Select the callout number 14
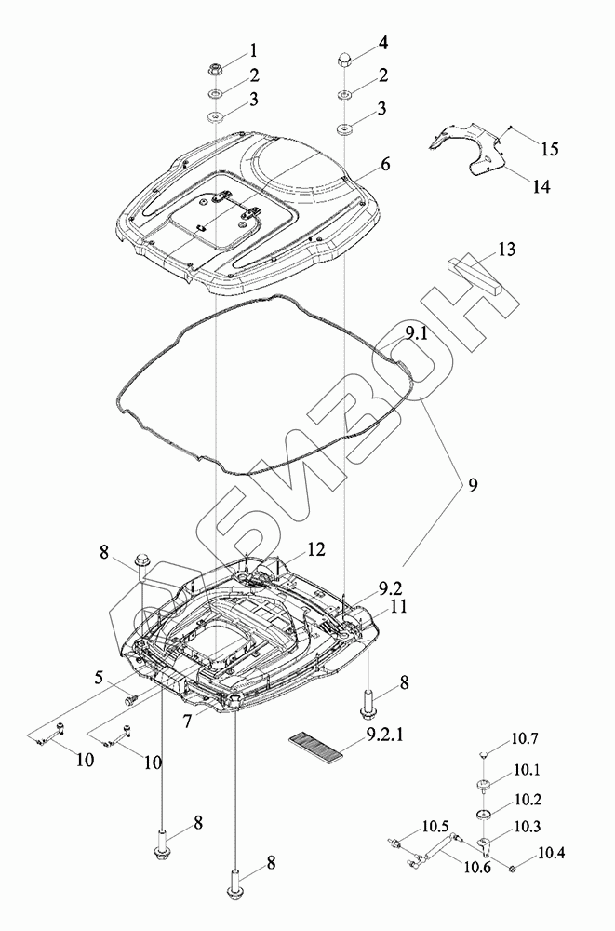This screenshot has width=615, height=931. click(541, 186)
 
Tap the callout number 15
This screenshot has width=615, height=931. click(550, 147)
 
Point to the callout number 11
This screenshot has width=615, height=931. click(398, 605)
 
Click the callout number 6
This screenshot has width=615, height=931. click(383, 165)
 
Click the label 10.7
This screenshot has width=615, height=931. click(524, 741)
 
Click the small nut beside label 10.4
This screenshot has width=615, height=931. click(515, 869)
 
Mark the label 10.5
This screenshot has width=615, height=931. click(435, 825)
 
